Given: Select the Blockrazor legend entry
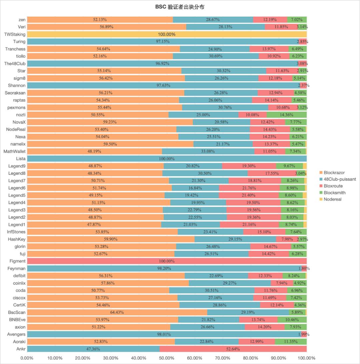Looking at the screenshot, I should [334, 173].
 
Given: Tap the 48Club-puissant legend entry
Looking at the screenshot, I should [337, 179].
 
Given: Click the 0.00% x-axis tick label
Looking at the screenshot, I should [27, 358].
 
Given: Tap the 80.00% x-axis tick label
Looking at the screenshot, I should [251, 358].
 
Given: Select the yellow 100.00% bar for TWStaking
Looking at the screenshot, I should [167, 34].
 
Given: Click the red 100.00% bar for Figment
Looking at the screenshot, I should [167, 261].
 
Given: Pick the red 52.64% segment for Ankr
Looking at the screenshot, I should [233, 349].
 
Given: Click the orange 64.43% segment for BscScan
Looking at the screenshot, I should [117, 312].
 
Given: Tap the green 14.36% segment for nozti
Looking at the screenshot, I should [286, 115].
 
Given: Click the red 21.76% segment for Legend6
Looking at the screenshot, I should [249, 188].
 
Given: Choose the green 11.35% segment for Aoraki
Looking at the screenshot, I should [291, 342].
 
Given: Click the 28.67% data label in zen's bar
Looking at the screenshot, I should [213, 20].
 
